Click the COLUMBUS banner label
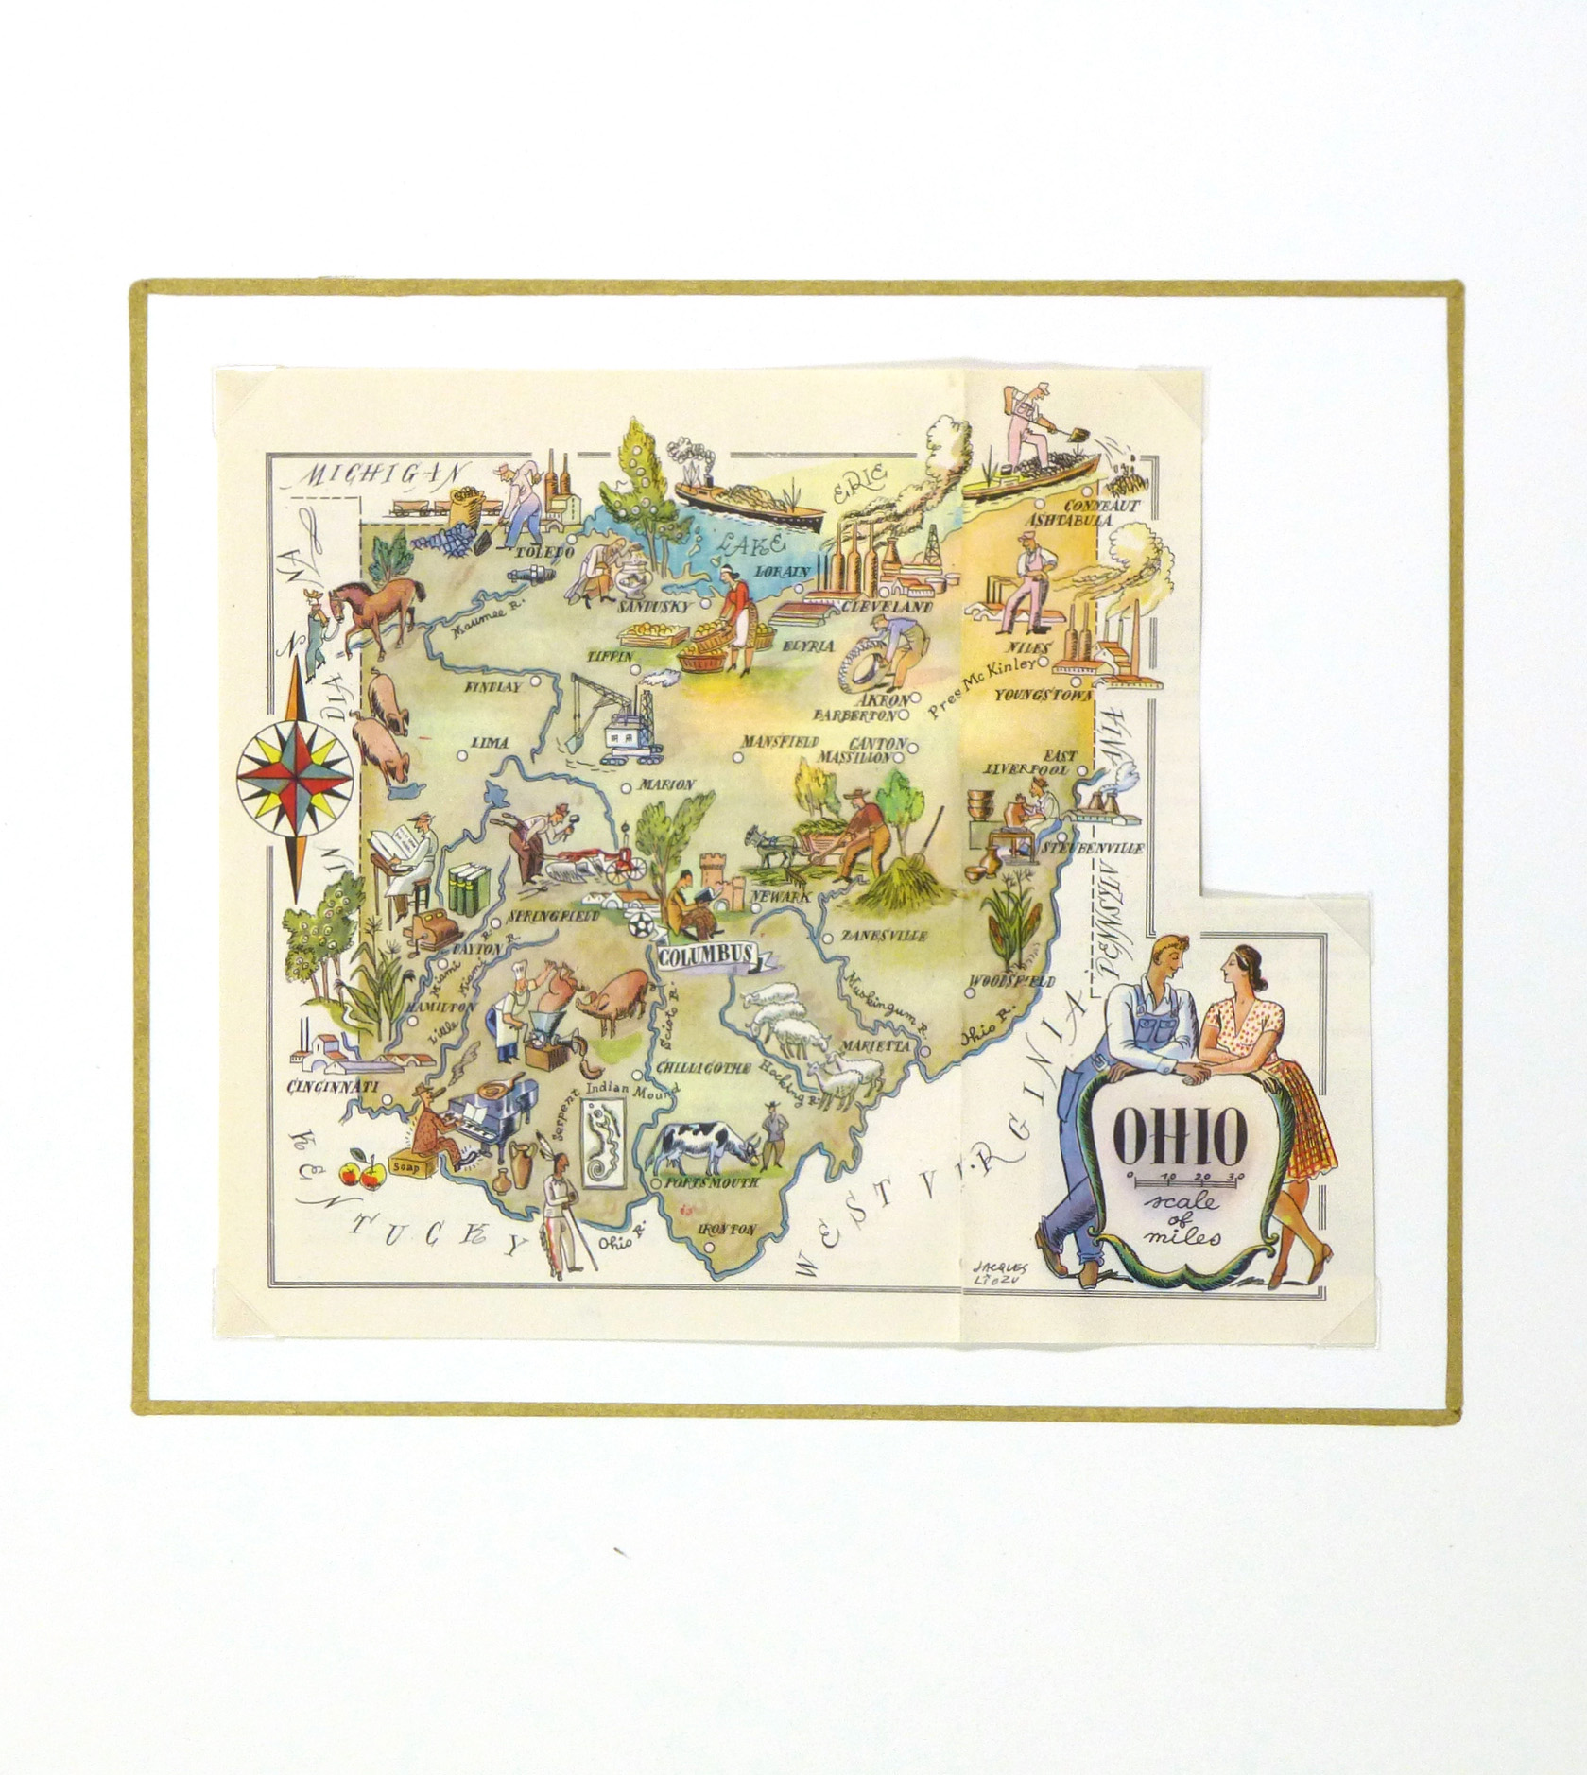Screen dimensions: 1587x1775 (706, 956)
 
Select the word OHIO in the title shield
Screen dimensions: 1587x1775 (1179, 1137)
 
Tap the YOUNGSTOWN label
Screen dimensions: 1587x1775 (1043, 695)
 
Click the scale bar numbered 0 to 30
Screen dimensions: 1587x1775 (1186, 1178)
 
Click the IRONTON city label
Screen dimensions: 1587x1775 (726, 1230)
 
